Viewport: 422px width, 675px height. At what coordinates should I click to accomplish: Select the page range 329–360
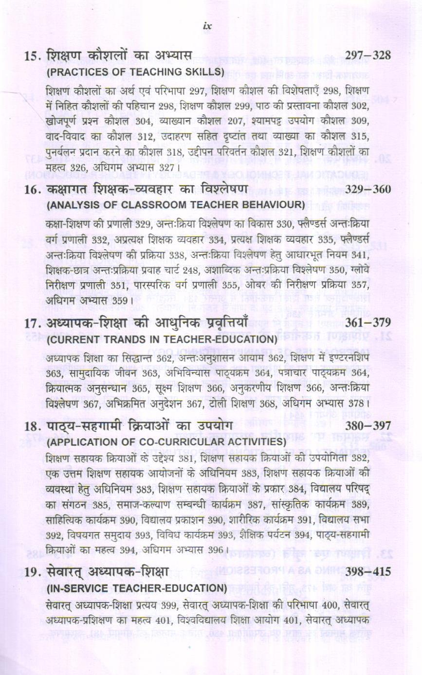coord(367,189)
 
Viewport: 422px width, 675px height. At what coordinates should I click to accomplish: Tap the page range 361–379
coord(367,322)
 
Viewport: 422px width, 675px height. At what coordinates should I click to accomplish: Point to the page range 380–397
coord(367,426)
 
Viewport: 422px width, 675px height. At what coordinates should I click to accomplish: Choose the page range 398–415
coord(367,572)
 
